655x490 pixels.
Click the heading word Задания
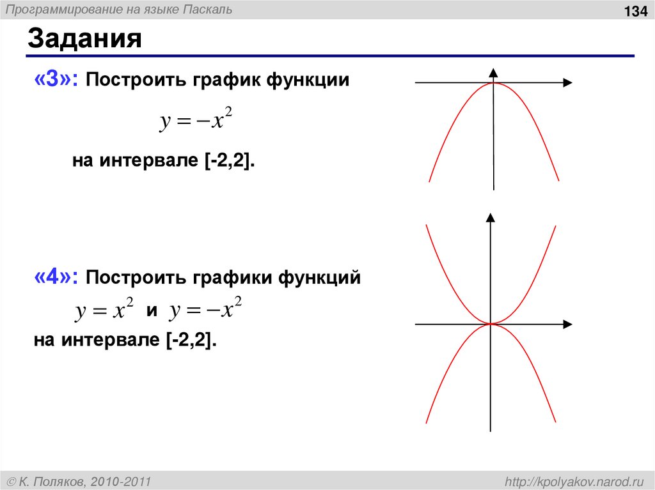point(84,40)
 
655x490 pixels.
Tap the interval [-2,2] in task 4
point(191,341)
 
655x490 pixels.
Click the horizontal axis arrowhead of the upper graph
point(567,82)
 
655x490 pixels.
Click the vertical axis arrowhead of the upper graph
point(493,72)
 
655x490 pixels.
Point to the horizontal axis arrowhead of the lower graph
point(567,324)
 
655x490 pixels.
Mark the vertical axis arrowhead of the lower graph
point(491,217)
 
